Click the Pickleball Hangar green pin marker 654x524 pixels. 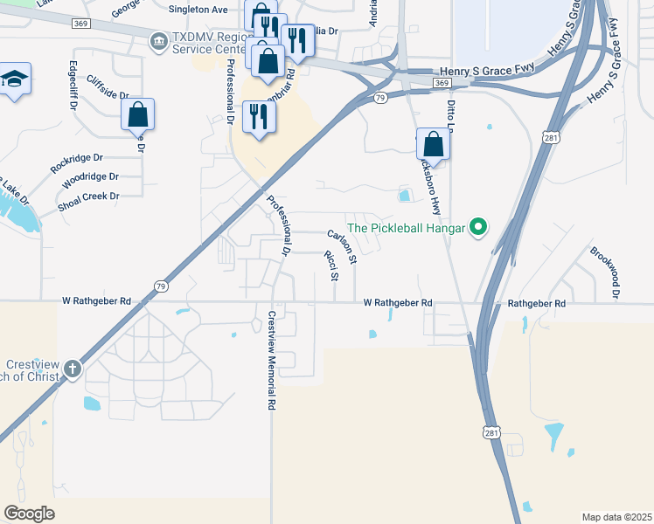[477, 229]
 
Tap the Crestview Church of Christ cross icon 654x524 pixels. [72, 369]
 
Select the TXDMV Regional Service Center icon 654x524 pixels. [158, 40]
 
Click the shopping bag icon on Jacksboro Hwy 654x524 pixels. [433, 143]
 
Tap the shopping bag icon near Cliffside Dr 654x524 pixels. [137, 114]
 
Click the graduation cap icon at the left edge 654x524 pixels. [14, 79]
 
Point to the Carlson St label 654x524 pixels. [343, 247]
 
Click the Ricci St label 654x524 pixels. [331, 266]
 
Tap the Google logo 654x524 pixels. [29, 514]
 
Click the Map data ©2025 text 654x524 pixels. [616, 517]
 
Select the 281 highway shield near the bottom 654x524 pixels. [492, 433]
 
